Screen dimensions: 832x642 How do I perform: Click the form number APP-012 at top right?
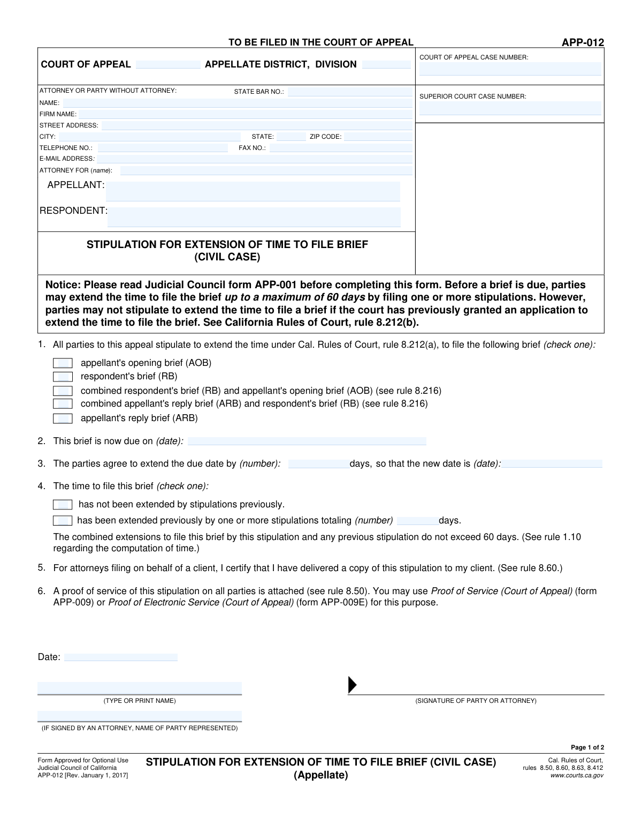coord(583,43)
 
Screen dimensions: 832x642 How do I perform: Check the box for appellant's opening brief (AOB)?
coord(63,363)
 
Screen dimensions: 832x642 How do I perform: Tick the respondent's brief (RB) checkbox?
coord(63,377)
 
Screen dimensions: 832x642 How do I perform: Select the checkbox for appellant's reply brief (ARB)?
coord(63,418)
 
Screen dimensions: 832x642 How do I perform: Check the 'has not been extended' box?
coord(63,505)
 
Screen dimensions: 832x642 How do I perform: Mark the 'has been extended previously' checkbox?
coord(63,521)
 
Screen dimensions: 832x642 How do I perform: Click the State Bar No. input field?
coord(350,92)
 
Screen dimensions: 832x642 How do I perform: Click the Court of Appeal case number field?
coord(510,69)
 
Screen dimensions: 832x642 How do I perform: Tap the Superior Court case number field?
coord(510,108)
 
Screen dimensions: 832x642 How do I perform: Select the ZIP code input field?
coord(378,137)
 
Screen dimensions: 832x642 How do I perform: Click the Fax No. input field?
coord(340,148)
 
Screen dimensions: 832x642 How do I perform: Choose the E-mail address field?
coord(254,159)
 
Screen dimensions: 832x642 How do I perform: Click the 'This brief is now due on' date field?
coord(307,441)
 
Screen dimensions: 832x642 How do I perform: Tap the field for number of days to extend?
coord(318,464)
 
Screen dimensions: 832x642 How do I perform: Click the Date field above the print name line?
coord(120,657)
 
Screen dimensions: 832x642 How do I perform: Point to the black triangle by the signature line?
coord(352,685)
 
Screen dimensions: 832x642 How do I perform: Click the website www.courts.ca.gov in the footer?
coord(577,775)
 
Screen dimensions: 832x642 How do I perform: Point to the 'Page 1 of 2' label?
coord(587,747)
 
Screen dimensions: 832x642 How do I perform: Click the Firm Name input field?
coord(246,114)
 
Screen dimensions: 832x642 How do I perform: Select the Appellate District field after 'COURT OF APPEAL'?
coord(168,65)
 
